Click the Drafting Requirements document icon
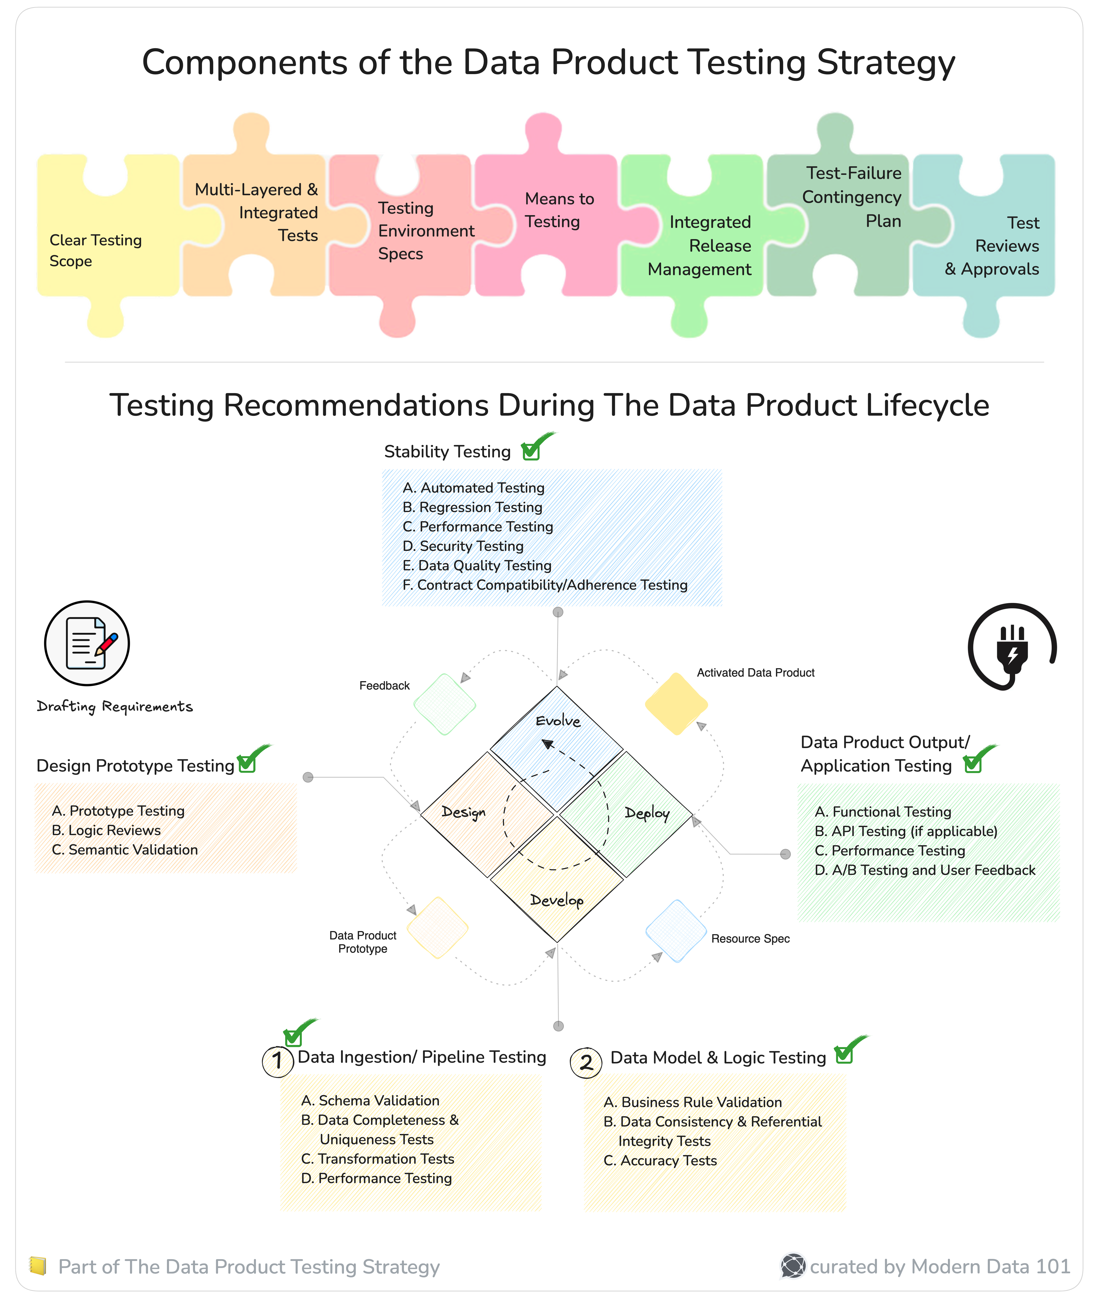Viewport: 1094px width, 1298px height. click(87, 643)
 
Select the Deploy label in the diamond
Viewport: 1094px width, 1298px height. click(647, 813)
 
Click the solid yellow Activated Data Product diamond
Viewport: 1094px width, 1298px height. click(676, 704)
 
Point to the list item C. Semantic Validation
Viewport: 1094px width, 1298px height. click(125, 850)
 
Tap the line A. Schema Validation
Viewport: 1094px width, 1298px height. click(370, 1100)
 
